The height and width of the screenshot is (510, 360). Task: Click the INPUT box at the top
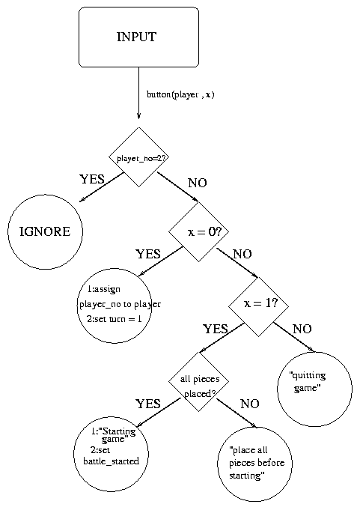point(138,37)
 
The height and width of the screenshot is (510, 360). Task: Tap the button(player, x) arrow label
point(180,94)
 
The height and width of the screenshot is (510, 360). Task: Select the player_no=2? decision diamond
point(138,157)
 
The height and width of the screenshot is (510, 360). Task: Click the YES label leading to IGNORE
point(92,179)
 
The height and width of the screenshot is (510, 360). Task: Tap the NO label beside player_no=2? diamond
point(198,183)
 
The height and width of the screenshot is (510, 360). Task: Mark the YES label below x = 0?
point(148,254)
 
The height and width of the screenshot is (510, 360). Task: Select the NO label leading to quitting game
point(302,329)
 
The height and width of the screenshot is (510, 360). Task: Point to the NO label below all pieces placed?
point(249,404)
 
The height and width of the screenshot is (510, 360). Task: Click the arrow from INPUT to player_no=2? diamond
point(138,94)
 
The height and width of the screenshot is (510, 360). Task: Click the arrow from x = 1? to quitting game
point(293,337)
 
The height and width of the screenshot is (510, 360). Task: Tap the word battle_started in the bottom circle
point(111,461)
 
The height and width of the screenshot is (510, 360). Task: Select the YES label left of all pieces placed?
point(148,404)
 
